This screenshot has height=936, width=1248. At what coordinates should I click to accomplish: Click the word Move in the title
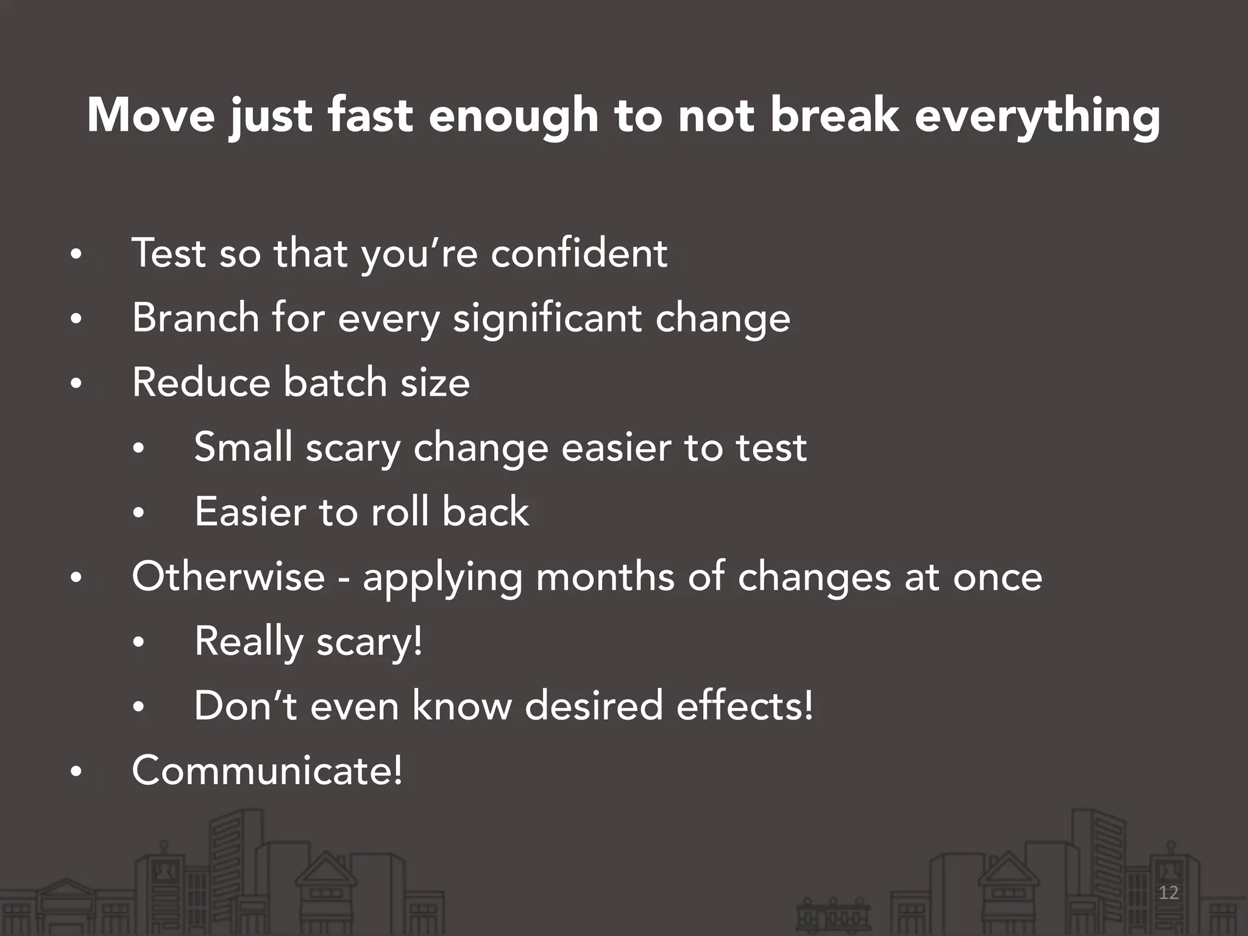click(x=151, y=115)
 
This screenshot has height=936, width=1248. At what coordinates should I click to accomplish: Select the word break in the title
click(x=834, y=115)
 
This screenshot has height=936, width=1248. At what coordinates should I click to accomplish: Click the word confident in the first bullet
click(x=579, y=253)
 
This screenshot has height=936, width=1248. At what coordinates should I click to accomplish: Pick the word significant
click(x=547, y=319)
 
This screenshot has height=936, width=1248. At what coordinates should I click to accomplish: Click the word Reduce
click(x=200, y=383)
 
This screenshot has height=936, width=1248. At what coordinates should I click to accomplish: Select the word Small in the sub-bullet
click(x=243, y=447)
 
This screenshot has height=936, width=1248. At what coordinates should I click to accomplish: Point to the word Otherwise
click(x=229, y=576)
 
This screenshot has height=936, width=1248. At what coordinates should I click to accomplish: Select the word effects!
click(x=745, y=706)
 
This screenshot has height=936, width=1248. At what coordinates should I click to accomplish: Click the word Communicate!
click(x=267, y=770)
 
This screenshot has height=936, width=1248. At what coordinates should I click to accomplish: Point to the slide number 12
click(x=1168, y=893)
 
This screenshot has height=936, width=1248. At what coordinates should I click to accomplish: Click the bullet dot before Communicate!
click(x=76, y=772)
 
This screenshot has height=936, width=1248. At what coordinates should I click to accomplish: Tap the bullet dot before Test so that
click(x=76, y=255)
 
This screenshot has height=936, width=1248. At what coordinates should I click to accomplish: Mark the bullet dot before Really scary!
click(x=138, y=643)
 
